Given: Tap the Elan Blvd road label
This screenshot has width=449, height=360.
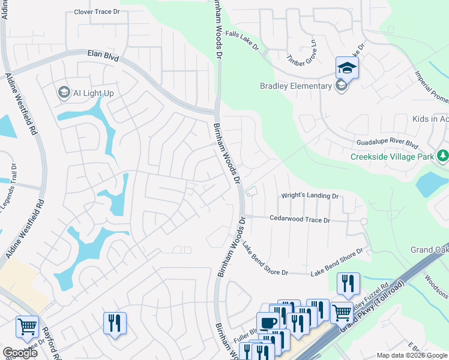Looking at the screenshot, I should [x=103, y=57].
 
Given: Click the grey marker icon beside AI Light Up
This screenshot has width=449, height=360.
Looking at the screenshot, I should [x=63, y=92].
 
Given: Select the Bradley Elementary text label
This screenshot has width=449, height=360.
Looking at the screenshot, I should [x=295, y=86].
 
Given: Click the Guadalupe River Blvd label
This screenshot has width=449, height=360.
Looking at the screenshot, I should [x=387, y=144].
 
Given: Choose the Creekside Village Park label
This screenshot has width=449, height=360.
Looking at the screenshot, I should [x=393, y=157].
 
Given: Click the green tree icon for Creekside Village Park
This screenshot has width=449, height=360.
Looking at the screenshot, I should [x=443, y=156].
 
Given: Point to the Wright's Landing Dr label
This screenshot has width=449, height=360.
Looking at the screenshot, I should [x=310, y=196].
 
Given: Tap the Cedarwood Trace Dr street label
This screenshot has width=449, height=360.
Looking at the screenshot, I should [x=300, y=220].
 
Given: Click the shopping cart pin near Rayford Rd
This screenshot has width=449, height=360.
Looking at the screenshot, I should [x=27, y=327].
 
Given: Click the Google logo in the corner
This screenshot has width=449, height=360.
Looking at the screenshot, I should [x=19, y=353].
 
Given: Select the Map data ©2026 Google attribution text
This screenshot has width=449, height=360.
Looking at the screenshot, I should [x=412, y=355].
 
